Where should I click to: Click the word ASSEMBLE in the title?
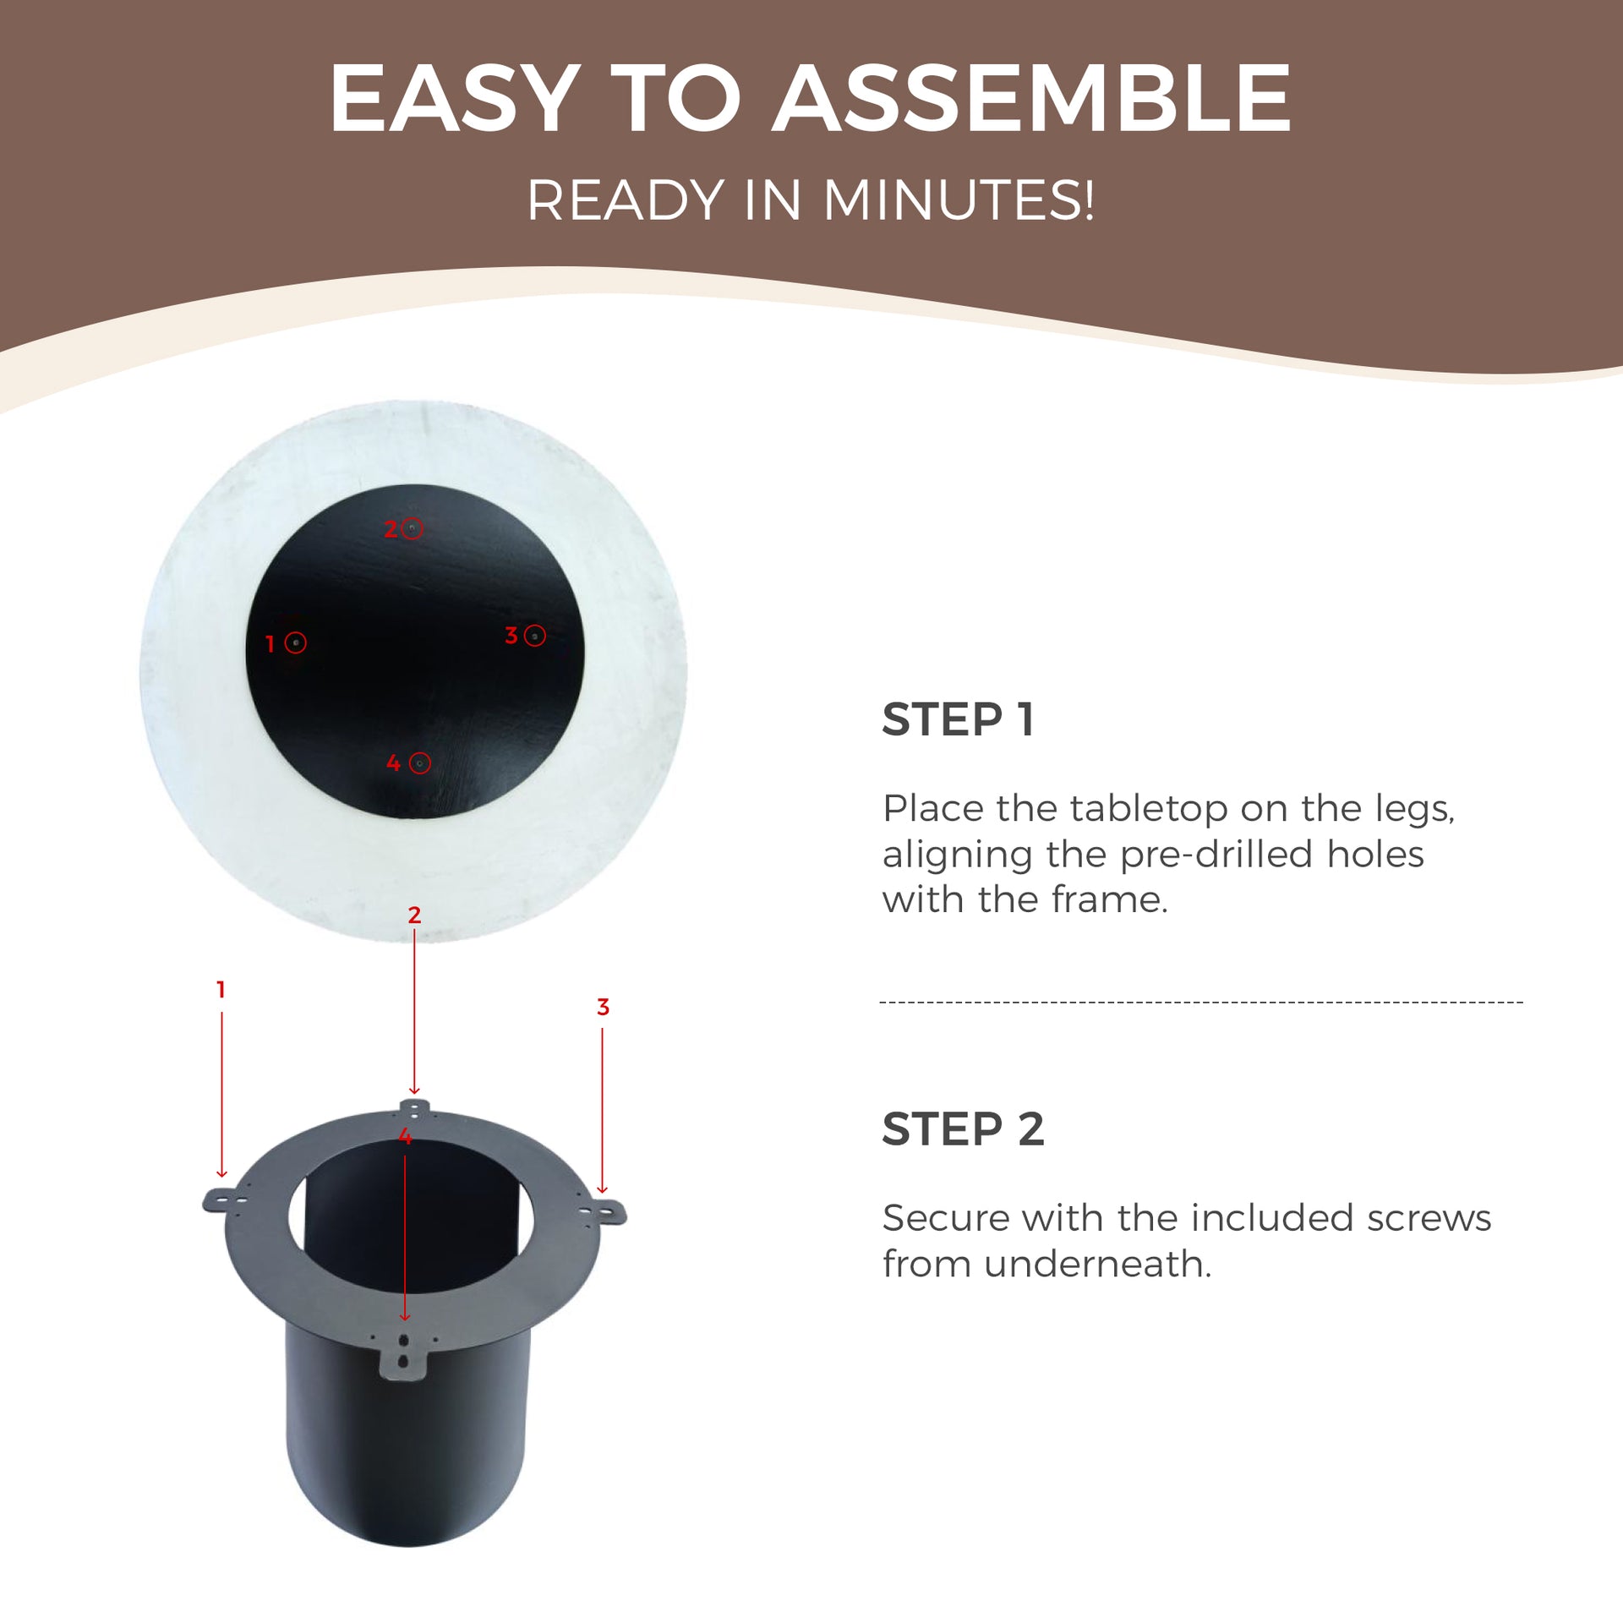[x=1032, y=99]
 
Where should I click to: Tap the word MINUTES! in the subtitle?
[x=959, y=201]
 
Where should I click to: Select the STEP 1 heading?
[x=958, y=719]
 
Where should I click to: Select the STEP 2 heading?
[x=963, y=1128]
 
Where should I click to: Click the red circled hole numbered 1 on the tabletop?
[x=295, y=642]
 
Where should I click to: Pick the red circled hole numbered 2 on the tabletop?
[x=412, y=528]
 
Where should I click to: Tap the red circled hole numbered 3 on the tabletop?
[x=534, y=636]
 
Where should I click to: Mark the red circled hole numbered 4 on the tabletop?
[x=419, y=763]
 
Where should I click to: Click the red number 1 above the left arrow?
[x=221, y=989]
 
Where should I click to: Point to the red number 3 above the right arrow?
[x=603, y=1007]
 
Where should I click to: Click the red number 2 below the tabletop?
[x=414, y=915]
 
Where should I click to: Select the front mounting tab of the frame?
[x=403, y=1353]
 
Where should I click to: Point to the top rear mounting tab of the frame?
[x=414, y=1108]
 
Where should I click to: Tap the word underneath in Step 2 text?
[x=1097, y=1264]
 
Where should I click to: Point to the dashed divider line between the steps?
[x=1201, y=1003]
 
